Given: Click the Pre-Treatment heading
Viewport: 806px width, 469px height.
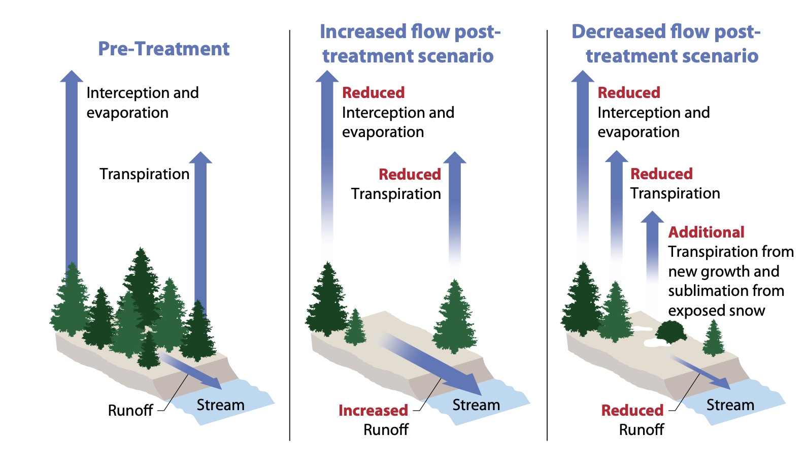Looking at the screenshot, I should click(x=163, y=49).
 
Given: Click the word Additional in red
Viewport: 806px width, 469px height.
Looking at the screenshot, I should click(x=706, y=232).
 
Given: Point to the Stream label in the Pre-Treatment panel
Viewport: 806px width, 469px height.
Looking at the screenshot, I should click(x=220, y=405).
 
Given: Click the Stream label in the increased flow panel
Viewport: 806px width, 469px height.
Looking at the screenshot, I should click(x=476, y=405).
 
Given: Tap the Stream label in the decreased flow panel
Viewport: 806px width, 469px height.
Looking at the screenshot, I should click(x=730, y=405).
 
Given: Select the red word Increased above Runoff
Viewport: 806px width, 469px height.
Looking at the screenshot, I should click(x=373, y=410).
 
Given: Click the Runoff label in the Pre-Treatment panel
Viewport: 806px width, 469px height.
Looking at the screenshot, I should click(x=130, y=410).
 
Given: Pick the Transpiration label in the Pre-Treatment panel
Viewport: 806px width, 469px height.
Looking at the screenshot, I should click(x=144, y=174).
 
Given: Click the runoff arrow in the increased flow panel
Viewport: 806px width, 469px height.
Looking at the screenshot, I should click(x=431, y=362).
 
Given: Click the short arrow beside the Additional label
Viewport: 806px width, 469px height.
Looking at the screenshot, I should click(x=652, y=244).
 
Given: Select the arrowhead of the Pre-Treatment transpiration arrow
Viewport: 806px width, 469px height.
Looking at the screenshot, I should click(x=200, y=158).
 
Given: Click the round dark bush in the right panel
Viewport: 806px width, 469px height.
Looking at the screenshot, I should click(x=670, y=332).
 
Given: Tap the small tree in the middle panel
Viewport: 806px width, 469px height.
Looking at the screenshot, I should click(x=355, y=327).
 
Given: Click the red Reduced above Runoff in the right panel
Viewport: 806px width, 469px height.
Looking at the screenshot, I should click(x=632, y=410).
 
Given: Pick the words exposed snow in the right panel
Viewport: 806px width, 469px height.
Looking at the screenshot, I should click(x=716, y=311).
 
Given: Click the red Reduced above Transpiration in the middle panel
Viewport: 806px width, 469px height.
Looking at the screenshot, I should click(x=410, y=175).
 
